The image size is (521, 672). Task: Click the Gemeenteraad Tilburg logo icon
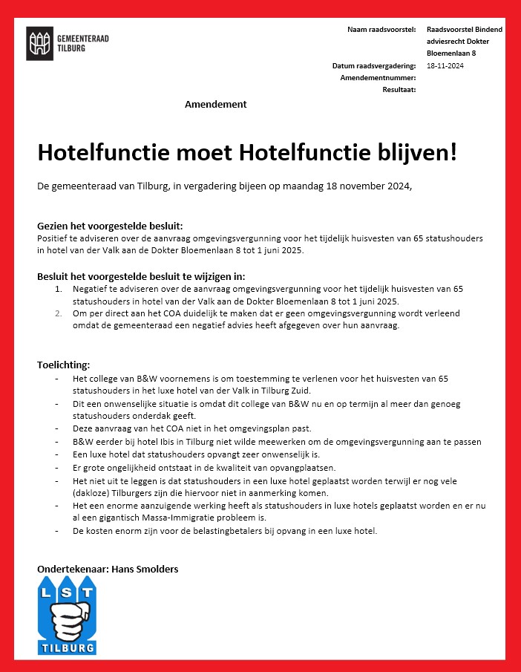[x=40, y=43]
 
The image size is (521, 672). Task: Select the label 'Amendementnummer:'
[x=377, y=78]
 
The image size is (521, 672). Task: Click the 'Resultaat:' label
[x=399, y=89]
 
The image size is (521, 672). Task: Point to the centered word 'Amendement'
[x=215, y=105]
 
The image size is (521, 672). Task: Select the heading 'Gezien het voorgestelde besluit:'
[x=110, y=226]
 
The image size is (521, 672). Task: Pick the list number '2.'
[x=59, y=313]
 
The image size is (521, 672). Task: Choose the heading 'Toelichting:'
[x=64, y=365]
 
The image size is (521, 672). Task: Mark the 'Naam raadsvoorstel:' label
[x=381, y=29]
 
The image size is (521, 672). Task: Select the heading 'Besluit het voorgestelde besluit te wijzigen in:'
[x=141, y=276]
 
